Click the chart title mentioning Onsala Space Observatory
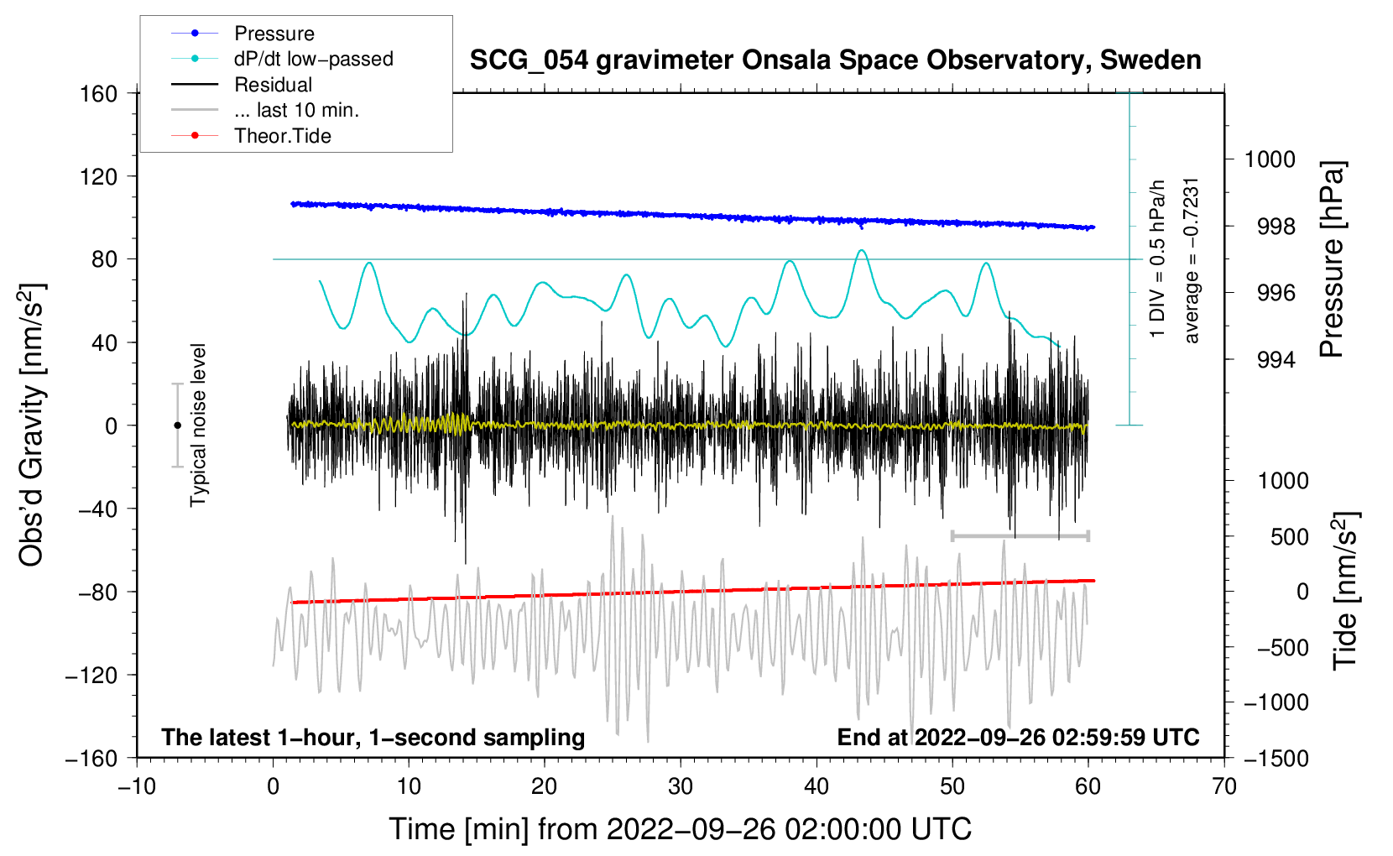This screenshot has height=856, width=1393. (x=835, y=60)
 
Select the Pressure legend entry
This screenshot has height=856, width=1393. (x=274, y=34)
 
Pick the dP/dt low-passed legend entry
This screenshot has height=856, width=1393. (x=313, y=59)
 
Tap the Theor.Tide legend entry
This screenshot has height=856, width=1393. (x=282, y=136)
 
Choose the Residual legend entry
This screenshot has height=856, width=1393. (x=273, y=85)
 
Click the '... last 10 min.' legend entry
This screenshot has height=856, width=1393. (x=296, y=110)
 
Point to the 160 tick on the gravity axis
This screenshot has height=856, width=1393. (x=99, y=93)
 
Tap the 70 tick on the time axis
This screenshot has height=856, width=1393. (x=1224, y=786)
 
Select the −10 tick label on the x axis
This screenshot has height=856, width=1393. (x=137, y=786)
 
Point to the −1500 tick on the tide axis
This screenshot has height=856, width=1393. (x=1276, y=758)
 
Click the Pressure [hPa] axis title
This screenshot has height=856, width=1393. (x=1332, y=259)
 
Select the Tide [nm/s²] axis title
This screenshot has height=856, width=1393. (x=1345, y=591)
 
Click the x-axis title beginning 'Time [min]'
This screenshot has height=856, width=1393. (x=680, y=829)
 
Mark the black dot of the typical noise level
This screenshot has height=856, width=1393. (x=177, y=425)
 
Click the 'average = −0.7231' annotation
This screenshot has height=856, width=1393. (x=1192, y=260)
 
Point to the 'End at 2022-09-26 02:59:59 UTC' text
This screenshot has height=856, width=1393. (x=1018, y=737)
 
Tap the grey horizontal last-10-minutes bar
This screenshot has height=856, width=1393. (x=1020, y=535)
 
